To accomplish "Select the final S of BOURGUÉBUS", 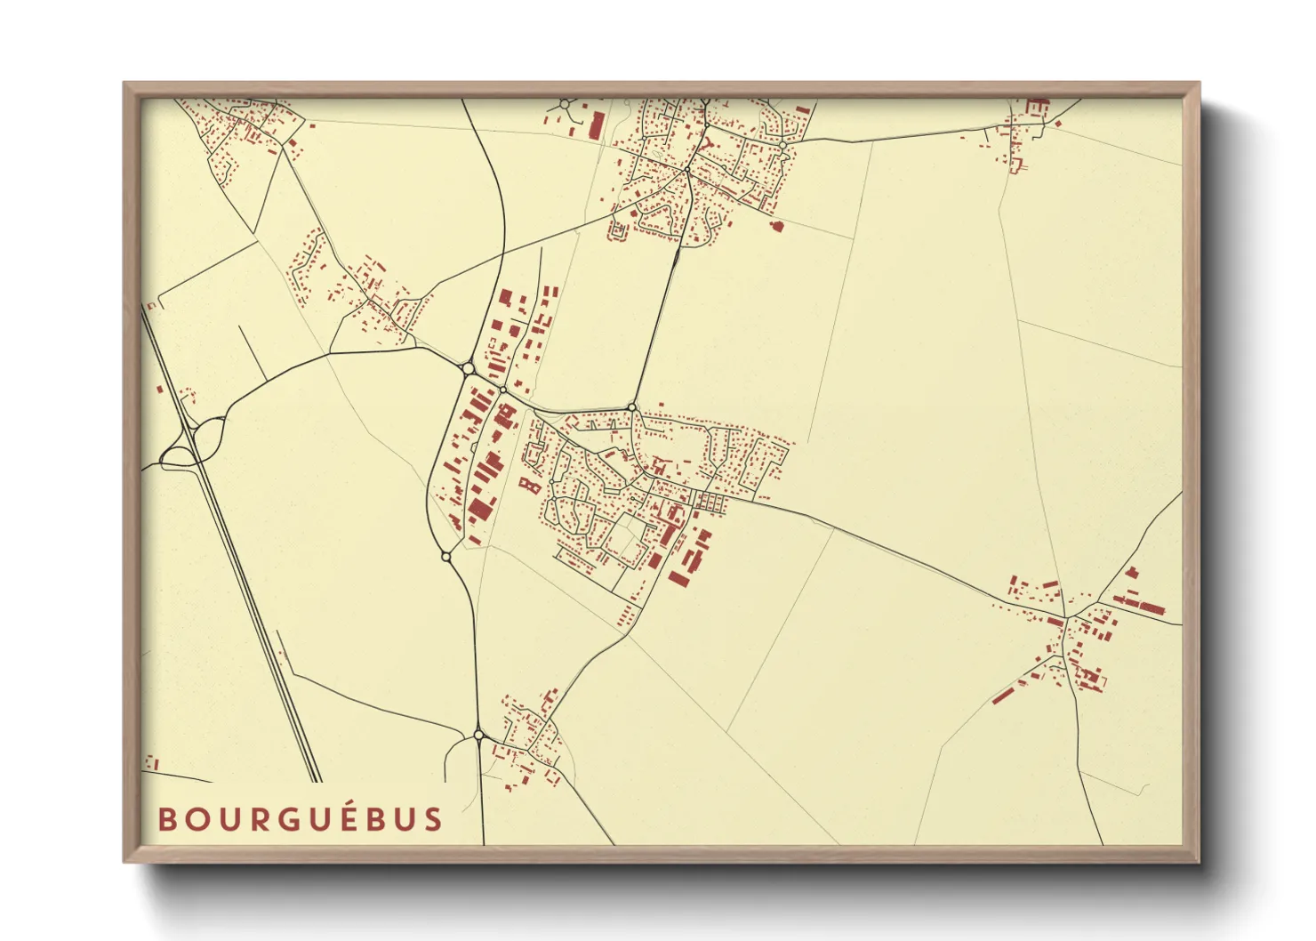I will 433,819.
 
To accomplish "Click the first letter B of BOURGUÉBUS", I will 166,819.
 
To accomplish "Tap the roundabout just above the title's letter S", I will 478,735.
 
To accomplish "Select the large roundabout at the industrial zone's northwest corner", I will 468,366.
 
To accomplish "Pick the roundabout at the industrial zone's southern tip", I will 446,556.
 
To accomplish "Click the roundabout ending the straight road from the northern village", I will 632,407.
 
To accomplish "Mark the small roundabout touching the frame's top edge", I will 564,105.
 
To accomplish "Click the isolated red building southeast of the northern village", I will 776,226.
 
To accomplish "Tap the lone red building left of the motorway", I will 160,389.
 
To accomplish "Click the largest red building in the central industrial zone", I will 480,510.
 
